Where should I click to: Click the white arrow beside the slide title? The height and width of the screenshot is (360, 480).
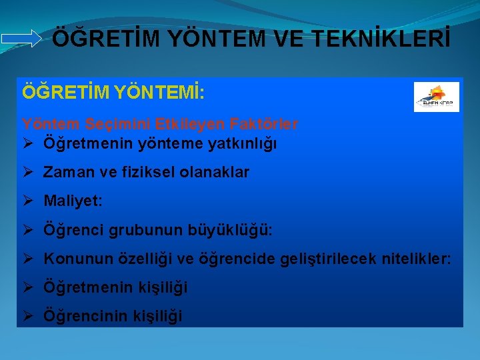(x=21, y=39)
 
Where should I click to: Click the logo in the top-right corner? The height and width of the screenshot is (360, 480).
(x=437, y=97)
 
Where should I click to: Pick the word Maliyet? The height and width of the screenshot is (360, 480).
(x=73, y=201)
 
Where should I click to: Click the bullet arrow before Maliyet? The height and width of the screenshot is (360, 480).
(x=28, y=201)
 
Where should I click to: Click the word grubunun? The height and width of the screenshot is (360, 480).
(x=144, y=230)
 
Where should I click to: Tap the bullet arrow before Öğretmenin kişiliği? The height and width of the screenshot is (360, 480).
(x=28, y=287)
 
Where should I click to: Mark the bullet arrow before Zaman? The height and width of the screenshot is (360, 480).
(x=28, y=172)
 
